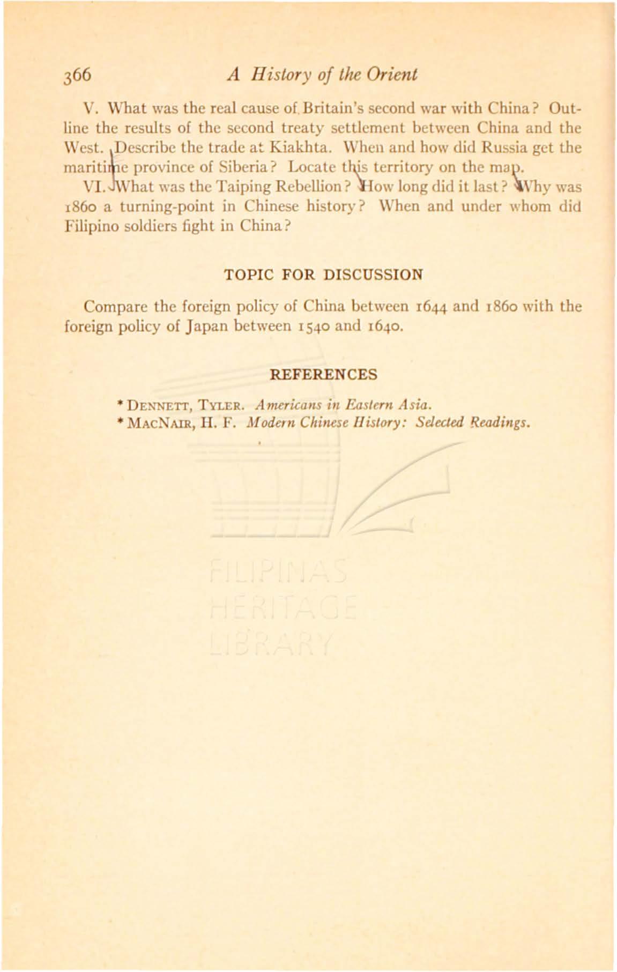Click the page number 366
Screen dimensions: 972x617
coord(77,75)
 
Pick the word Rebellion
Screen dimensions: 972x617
coord(313,187)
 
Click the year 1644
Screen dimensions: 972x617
coord(433,307)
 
